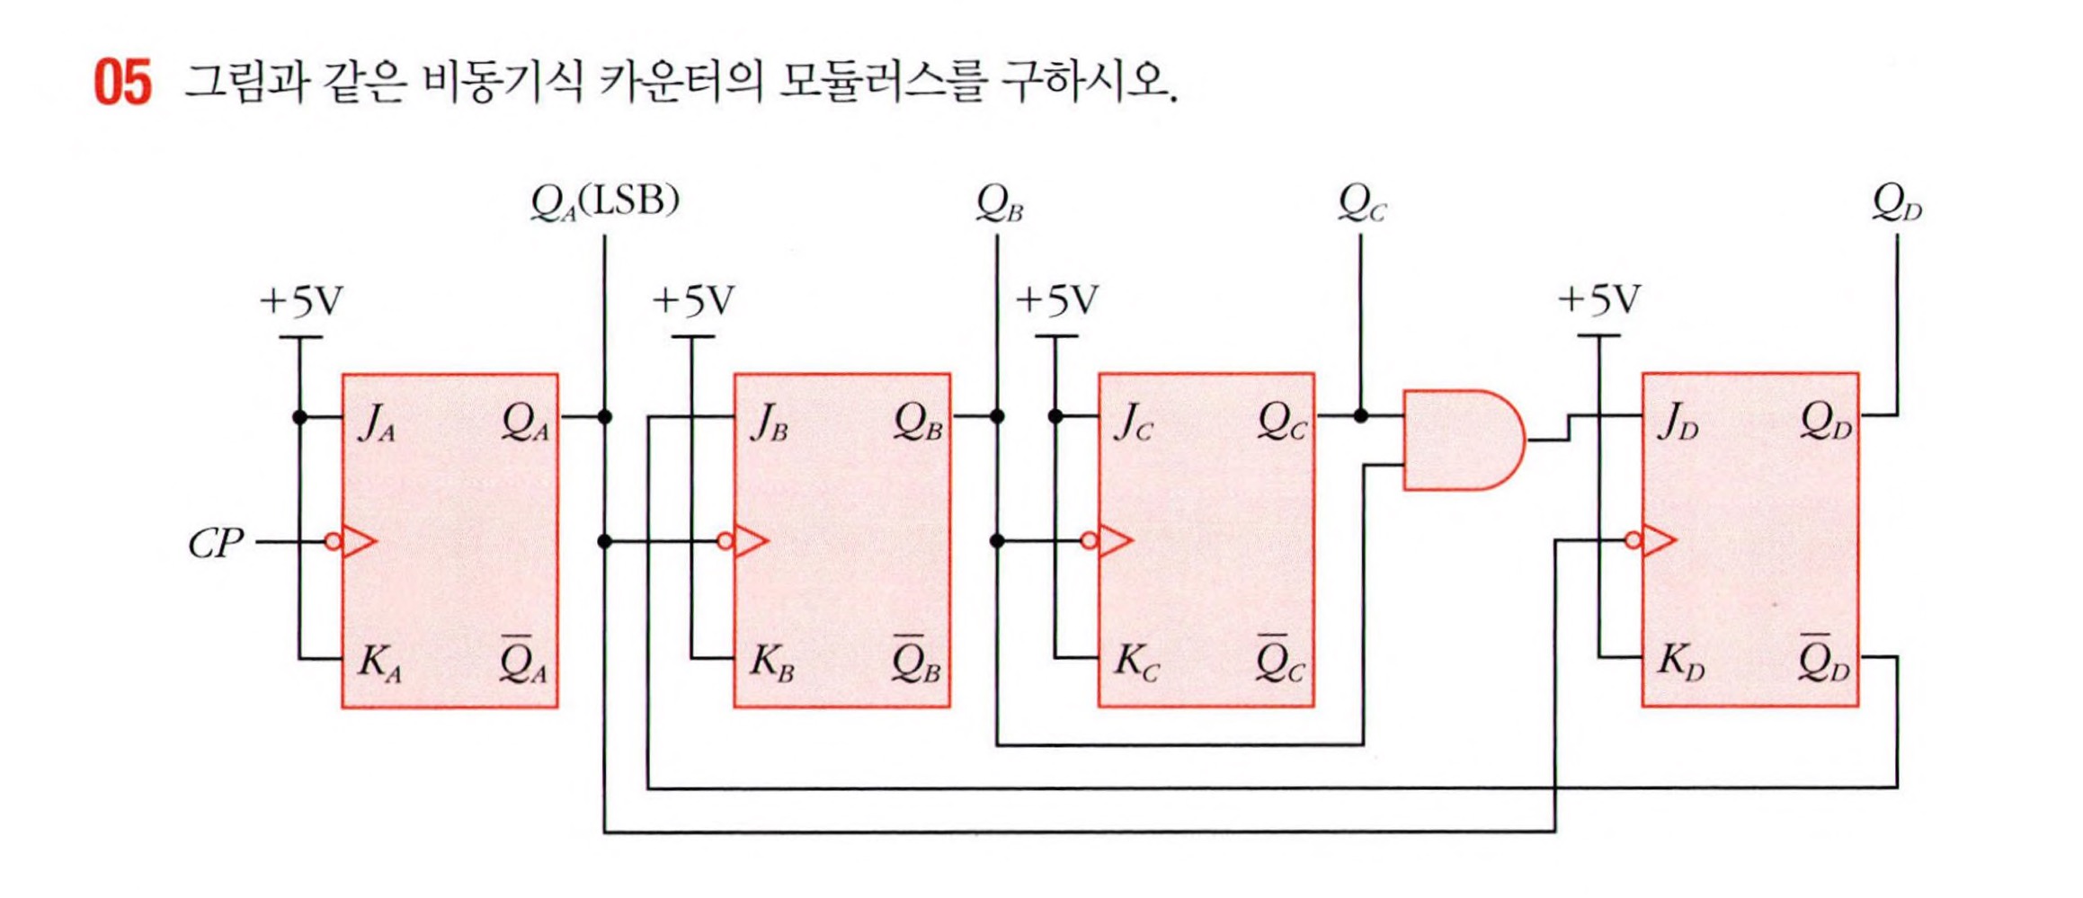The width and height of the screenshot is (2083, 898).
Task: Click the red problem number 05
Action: [122, 83]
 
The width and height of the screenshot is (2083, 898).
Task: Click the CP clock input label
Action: [216, 543]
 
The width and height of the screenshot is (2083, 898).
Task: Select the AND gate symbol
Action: [1462, 440]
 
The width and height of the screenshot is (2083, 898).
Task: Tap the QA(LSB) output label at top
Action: [604, 201]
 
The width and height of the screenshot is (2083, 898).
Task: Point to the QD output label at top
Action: [1896, 203]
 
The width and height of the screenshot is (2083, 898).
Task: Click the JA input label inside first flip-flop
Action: [376, 422]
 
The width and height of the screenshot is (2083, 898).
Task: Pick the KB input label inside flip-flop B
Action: [771, 662]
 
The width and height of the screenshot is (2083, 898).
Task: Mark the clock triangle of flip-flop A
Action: [358, 542]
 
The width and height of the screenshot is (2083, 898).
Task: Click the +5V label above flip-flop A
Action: [301, 301]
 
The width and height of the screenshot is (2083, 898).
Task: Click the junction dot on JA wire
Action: [299, 417]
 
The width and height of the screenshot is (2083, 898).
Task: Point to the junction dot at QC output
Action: [1360, 416]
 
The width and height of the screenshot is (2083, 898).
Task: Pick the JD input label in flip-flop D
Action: [1678, 422]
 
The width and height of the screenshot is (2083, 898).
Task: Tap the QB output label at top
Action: [999, 203]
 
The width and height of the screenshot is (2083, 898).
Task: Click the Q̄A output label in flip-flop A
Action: [523, 662]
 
